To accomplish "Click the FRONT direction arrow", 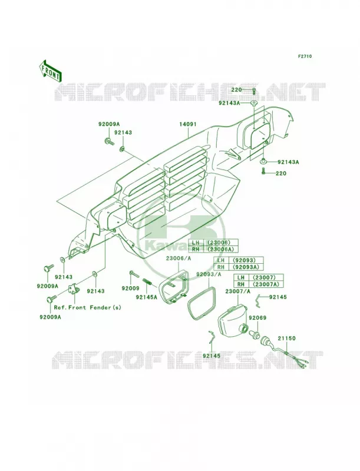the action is (x=50, y=71).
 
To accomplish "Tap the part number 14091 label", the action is (x=188, y=124).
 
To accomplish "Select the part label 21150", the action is (x=286, y=338).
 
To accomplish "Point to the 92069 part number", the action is (x=257, y=318).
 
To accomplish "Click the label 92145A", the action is (x=146, y=297).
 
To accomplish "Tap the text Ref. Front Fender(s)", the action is (x=87, y=307).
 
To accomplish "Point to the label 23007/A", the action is (x=237, y=291).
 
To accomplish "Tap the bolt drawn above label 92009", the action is (x=134, y=274).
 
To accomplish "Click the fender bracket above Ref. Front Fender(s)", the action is (x=75, y=290).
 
